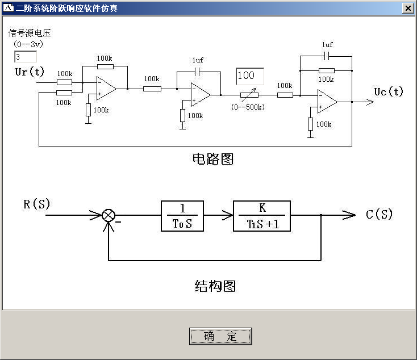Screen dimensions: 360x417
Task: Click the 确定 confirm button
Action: [x=220, y=336]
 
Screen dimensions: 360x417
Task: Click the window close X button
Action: [x=408, y=9]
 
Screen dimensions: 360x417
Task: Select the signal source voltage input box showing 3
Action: [x=26, y=57]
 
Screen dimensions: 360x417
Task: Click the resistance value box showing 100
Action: [x=250, y=76]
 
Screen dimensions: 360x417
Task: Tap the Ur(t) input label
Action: [x=30, y=72]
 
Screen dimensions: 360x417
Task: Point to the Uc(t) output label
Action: [x=389, y=91]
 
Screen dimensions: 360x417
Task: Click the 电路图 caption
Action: [x=213, y=159]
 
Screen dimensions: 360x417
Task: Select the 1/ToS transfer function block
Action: [x=182, y=216]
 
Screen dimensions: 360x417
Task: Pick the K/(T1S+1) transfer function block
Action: [x=262, y=216]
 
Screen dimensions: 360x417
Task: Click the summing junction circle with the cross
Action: [x=109, y=215]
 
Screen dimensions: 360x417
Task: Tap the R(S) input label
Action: [x=37, y=204]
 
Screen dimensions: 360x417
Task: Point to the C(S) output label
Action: [x=380, y=214]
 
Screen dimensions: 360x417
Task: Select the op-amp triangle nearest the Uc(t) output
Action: [x=327, y=102]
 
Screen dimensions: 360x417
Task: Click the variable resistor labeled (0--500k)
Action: [x=249, y=95]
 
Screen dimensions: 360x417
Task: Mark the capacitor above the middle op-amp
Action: [x=198, y=72]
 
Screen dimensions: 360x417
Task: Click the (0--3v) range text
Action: [x=27, y=43]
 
